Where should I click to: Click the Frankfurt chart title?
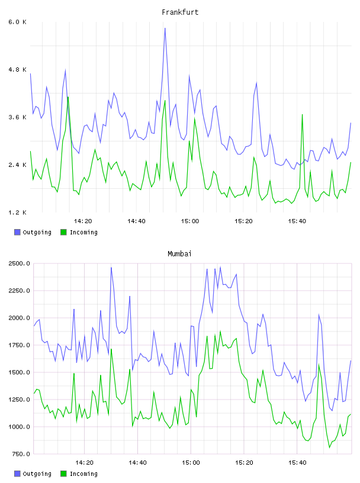(x=180, y=12)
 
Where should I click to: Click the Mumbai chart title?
(x=179, y=254)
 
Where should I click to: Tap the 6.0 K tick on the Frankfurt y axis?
(x=17, y=22)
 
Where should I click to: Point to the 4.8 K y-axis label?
(x=17, y=70)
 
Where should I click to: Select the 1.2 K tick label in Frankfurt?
(x=17, y=212)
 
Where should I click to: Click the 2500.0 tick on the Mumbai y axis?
(x=19, y=263)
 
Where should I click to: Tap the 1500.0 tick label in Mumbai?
(x=19, y=372)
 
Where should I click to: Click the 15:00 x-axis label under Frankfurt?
(x=190, y=221)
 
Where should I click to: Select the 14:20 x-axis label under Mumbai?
(x=84, y=463)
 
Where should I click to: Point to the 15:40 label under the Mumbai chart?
(x=297, y=463)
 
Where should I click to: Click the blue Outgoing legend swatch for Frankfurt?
(x=17, y=232)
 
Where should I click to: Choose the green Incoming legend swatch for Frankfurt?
(x=63, y=232)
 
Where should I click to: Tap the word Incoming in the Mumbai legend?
(x=83, y=474)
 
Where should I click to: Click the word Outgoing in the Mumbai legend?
(x=37, y=474)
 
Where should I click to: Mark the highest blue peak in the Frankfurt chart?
(x=165, y=28)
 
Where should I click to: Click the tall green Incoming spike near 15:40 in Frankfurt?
(x=303, y=115)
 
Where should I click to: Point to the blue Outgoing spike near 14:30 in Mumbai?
(x=111, y=268)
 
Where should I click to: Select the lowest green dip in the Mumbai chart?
(x=329, y=447)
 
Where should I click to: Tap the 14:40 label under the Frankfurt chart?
(x=136, y=221)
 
